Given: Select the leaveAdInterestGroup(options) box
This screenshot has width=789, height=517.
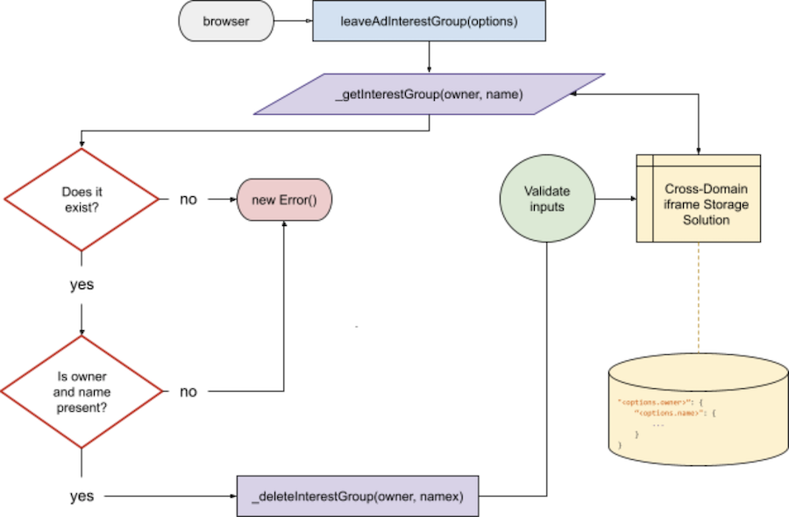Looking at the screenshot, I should [429, 22].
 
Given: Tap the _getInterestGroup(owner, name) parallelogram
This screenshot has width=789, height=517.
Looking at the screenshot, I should [429, 94].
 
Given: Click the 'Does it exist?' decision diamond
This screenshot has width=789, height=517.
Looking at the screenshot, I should [81, 199].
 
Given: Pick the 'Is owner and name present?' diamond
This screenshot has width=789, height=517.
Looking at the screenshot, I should [81, 391].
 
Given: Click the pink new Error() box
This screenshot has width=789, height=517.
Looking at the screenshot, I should [285, 200].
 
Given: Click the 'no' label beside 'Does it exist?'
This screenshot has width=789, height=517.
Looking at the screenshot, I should [188, 199].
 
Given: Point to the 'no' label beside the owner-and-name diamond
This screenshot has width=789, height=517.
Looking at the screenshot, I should [188, 392].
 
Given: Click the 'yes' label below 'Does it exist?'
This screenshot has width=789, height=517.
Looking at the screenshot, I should [82, 285].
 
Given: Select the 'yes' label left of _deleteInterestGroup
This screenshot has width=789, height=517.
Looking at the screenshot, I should [82, 497].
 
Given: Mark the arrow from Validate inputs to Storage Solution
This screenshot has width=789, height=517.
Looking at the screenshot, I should [615, 199].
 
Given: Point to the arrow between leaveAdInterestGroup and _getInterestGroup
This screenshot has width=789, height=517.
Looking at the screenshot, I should [429, 57].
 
